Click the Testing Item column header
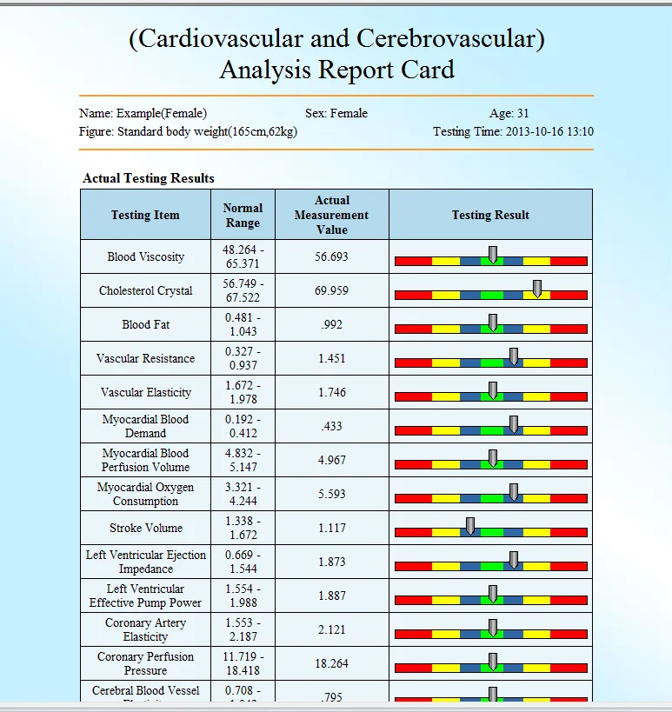[x=145, y=215]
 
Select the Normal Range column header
[x=243, y=215]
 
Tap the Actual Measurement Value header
[x=331, y=215]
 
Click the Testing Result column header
[x=490, y=215]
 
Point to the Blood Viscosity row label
[x=145, y=256]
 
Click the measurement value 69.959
[x=331, y=290]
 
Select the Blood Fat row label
[x=145, y=324]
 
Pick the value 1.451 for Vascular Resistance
[x=331, y=358]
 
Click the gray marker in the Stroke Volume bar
[x=470, y=525]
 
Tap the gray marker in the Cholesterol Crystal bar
[x=537, y=288]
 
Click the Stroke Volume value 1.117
[x=331, y=528]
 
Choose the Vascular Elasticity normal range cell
[x=243, y=392]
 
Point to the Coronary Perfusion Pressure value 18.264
[x=331, y=663]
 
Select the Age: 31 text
[x=509, y=113]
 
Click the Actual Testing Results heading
[x=149, y=178]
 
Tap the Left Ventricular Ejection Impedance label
[x=145, y=562]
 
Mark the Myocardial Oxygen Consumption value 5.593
[x=331, y=494]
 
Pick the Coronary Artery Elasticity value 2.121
[x=331, y=629]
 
